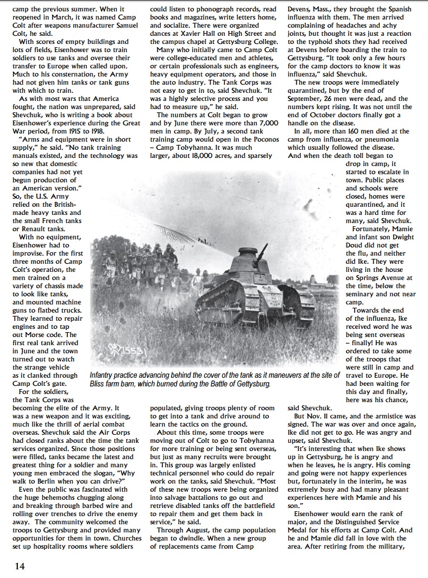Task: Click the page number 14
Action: coord(20,566)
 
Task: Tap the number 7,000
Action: coord(263,123)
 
